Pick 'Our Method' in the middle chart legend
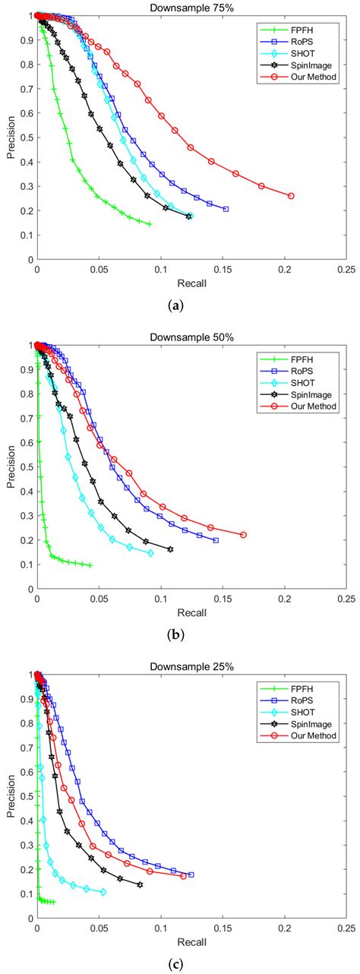click(312, 406)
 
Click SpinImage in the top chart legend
click(308, 66)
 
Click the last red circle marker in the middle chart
click(243, 535)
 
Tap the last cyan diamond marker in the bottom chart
click(103, 892)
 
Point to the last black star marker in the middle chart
click(170, 549)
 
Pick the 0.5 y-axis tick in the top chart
click(28, 138)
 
